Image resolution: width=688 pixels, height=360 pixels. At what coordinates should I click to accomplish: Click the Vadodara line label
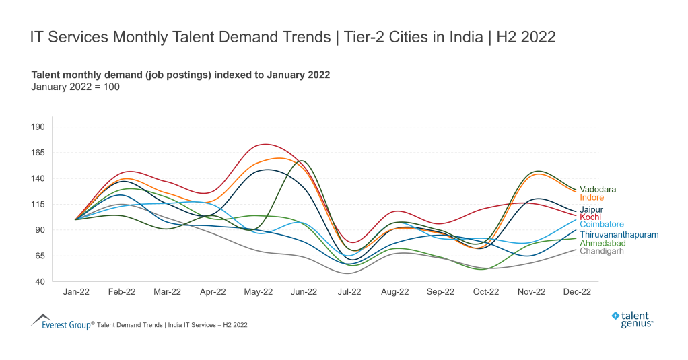click(x=597, y=190)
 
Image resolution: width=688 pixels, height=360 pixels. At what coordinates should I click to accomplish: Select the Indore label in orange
click(x=591, y=198)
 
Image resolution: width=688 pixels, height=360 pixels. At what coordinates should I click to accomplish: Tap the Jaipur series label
click(x=591, y=210)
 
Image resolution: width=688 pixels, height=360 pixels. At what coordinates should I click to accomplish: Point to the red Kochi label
click(x=590, y=217)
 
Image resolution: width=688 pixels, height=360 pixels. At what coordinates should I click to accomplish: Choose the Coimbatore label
click(x=601, y=225)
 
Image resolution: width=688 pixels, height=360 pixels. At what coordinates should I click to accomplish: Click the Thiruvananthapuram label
click(x=619, y=235)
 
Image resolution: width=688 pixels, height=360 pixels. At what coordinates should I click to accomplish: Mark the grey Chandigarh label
click(x=601, y=251)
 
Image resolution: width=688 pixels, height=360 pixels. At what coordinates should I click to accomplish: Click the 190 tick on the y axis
click(x=37, y=127)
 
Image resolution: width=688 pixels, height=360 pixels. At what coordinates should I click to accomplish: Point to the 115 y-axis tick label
click(x=37, y=205)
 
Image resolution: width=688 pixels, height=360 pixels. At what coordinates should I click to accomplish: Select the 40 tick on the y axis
click(x=39, y=281)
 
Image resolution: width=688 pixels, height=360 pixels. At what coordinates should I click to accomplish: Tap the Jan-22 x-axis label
click(x=75, y=292)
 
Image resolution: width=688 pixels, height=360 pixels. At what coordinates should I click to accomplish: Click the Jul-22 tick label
click(x=349, y=292)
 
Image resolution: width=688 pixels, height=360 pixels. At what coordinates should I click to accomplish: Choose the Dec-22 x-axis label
click(x=576, y=292)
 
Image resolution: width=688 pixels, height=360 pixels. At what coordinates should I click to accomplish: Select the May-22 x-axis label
click(x=258, y=292)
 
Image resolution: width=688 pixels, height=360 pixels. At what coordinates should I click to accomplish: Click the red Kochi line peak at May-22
click(x=265, y=144)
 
